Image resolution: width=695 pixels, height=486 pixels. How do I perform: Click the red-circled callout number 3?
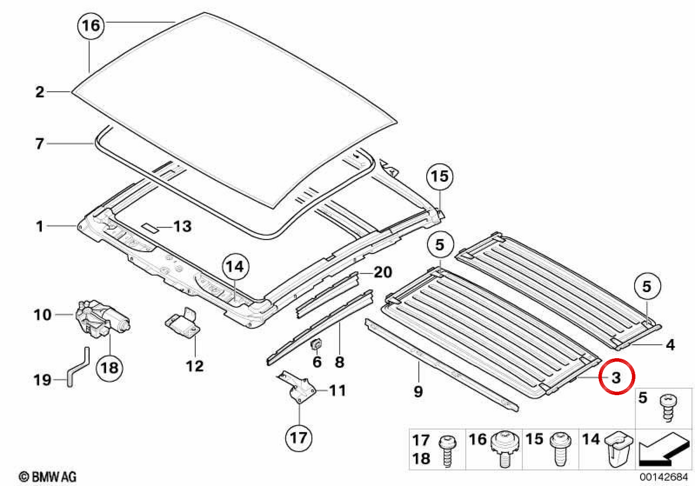click(616, 377)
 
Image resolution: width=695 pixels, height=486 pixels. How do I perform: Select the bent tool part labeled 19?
click(78, 367)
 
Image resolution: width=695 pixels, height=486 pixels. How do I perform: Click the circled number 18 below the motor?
click(109, 368)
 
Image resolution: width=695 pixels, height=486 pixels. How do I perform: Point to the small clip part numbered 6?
click(316, 344)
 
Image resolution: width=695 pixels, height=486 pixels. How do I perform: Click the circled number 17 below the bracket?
click(298, 438)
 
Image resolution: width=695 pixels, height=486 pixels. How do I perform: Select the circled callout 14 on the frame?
click(235, 267)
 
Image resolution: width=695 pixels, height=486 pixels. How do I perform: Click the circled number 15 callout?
click(440, 176)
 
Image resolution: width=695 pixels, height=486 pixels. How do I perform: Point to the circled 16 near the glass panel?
click(90, 25)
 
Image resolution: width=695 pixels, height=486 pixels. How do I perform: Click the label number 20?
click(383, 273)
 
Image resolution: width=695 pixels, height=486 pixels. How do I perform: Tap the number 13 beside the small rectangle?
click(182, 226)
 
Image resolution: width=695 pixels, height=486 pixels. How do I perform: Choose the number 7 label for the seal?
click(39, 144)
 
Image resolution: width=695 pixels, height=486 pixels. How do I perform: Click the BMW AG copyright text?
click(47, 477)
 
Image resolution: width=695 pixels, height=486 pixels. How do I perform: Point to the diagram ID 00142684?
click(664, 477)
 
